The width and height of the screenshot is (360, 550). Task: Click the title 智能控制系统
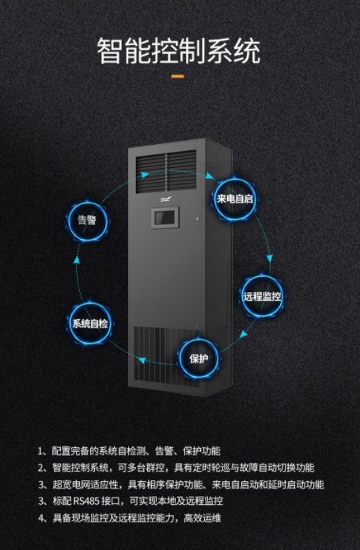[179, 51]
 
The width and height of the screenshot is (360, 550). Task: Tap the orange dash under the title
[178, 76]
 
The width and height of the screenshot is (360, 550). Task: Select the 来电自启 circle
[234, 199]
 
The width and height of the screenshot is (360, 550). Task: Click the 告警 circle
[87, 220]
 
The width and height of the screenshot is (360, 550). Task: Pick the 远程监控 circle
[262, 297]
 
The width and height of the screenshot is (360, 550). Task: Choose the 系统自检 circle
[89, 323]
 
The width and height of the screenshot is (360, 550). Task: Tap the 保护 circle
[199, 358]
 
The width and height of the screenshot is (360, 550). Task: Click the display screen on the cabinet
[165, 218]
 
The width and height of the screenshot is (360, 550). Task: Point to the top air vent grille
[166, 172]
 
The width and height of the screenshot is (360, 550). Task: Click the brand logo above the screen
[165, 199]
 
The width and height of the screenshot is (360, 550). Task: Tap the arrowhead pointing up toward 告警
[78, 260]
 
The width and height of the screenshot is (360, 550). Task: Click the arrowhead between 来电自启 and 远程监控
[269, 259]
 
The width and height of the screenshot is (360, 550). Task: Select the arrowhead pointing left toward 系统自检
[142, 360]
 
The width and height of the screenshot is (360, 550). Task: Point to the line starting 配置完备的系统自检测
[129, 451]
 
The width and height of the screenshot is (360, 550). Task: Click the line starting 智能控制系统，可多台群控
[176, 468]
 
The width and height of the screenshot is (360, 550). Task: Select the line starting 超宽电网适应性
[181, 484]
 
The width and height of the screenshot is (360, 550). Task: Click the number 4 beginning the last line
[41, 518]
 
